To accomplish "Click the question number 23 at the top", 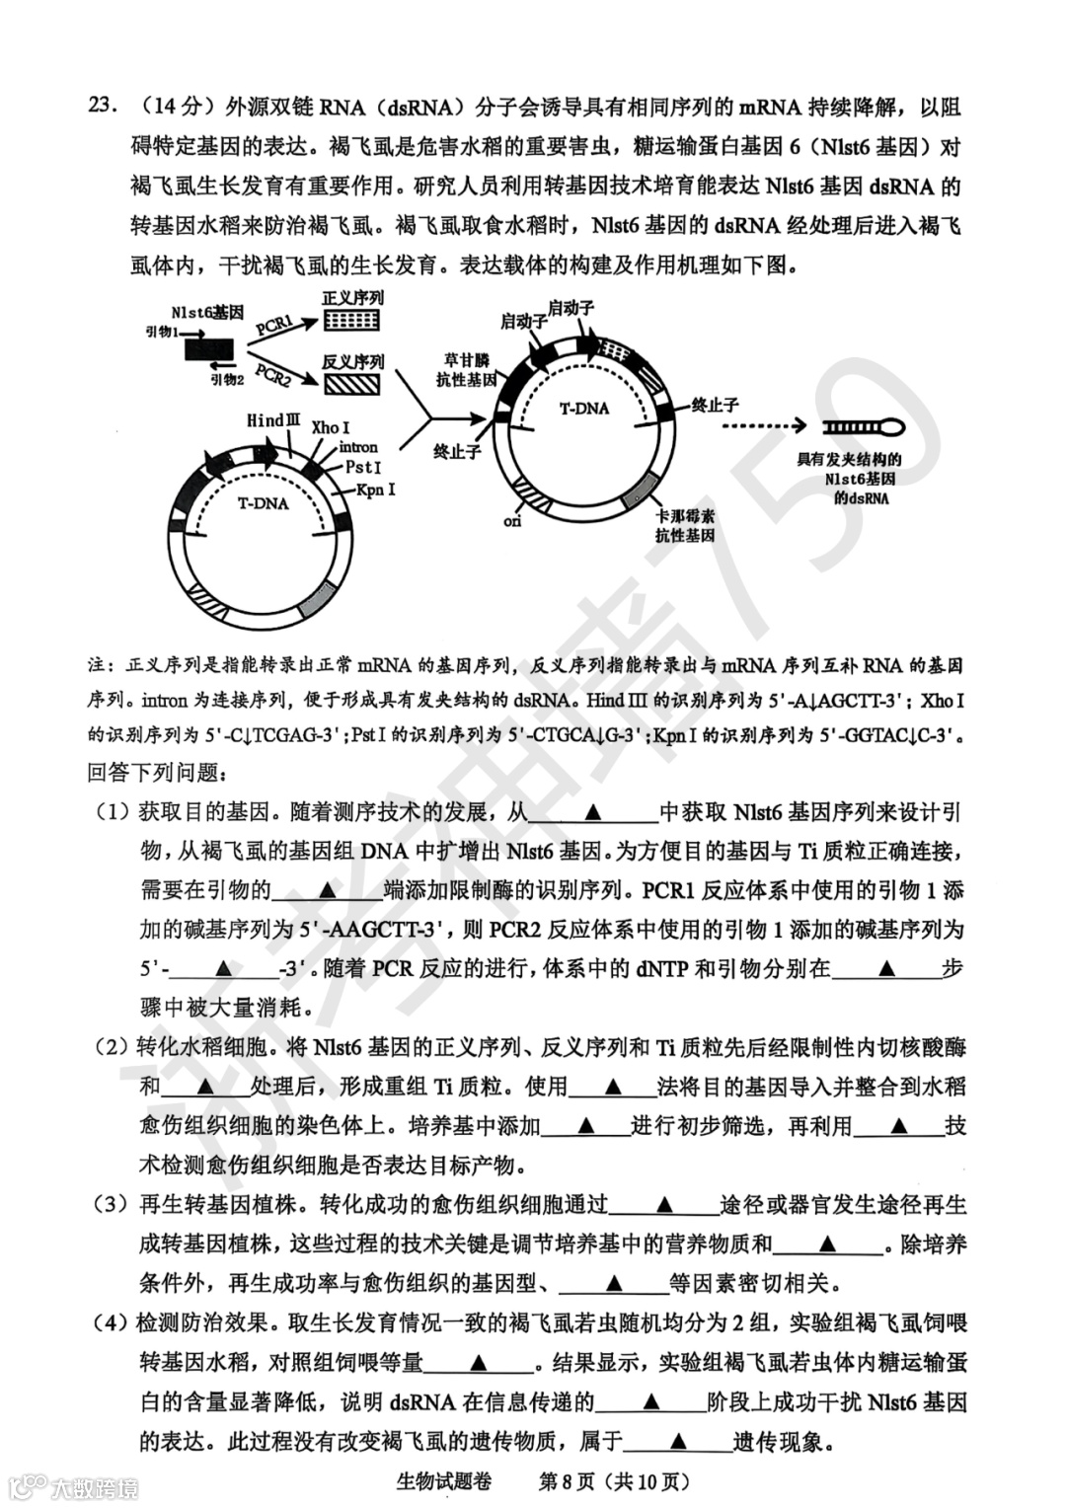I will coord(103,107).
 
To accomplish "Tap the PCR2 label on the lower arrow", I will coord(273,374).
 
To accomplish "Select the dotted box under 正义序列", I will coord(351,320).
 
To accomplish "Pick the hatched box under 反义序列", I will coord(351,384).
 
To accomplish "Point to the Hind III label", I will coord(272,421).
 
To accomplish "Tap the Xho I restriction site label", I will coord(330,428).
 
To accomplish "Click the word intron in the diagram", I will coord(356,447).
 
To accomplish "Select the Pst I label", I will coord(363,467).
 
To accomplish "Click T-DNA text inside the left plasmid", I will coord(263,503).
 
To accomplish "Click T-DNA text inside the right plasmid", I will coord(584,409).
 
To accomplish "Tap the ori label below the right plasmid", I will coord(512,521).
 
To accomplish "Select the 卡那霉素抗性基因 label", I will coord(685,525).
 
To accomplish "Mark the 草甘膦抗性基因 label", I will coord(466,370).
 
